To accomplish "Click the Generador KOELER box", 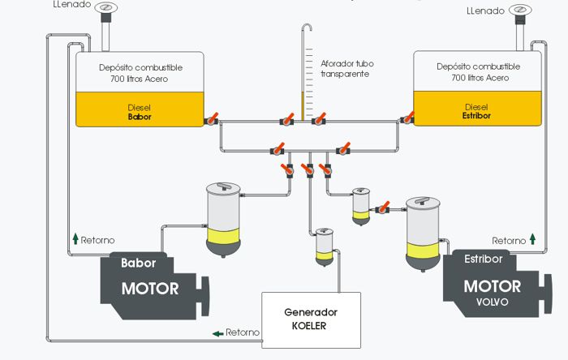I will (311, 319).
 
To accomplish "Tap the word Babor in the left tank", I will (140, 117).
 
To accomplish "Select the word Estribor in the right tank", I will (476, 117).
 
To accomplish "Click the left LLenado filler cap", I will (105, 10).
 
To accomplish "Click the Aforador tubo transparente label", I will (346, 68).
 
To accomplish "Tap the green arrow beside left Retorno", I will (75, 239).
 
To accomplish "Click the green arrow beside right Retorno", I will (532, 239).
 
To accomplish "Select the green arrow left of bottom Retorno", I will (217, 332).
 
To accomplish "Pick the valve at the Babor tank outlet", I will (212, 120).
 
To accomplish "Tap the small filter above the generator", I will (325, 246).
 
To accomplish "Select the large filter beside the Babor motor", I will (223, 219).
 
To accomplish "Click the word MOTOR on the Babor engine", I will (149, 288).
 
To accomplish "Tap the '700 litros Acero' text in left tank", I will (139, 78).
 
